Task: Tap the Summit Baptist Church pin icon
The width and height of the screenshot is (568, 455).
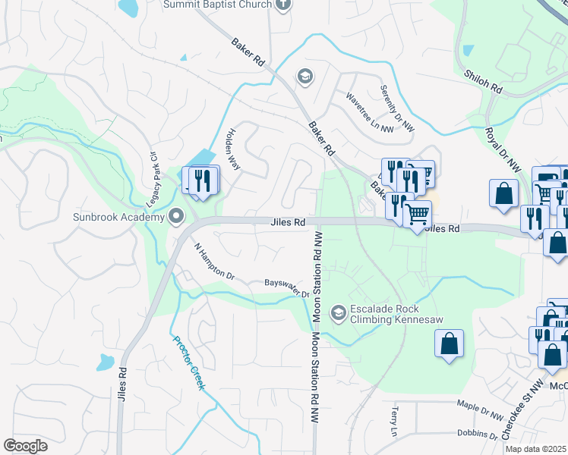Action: pos(282,5)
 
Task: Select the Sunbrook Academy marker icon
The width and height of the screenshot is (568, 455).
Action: pos(176,217)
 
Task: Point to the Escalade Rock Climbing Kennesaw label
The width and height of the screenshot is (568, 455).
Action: pos(396,314)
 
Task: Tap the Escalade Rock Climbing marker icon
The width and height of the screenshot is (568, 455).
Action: pos(338,312)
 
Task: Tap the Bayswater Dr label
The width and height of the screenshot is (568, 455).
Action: pos(287,287)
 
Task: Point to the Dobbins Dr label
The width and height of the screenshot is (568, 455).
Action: pos(477,435)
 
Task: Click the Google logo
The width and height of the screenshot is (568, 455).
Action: pos(26,446)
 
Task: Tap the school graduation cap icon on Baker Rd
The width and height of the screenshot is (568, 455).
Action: pos(305,77)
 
